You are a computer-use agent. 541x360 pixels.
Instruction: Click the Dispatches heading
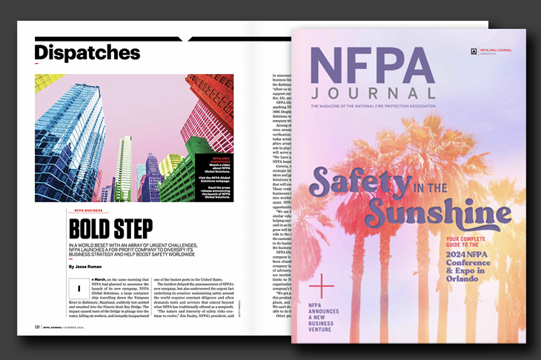point(87,53)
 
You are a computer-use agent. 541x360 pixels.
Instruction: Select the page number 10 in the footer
point(37,326)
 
